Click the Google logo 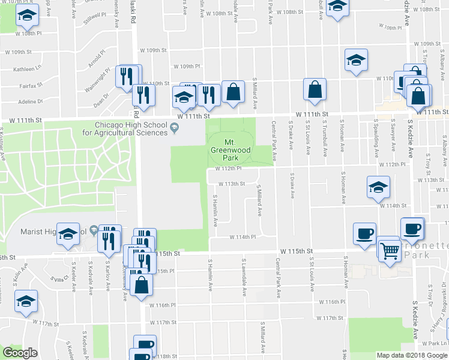tap(20, 353)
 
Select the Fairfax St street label tap(29, 86)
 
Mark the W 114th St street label tap(393, 205)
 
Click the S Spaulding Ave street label tap(376, 136)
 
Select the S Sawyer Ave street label tap(393, 136)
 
